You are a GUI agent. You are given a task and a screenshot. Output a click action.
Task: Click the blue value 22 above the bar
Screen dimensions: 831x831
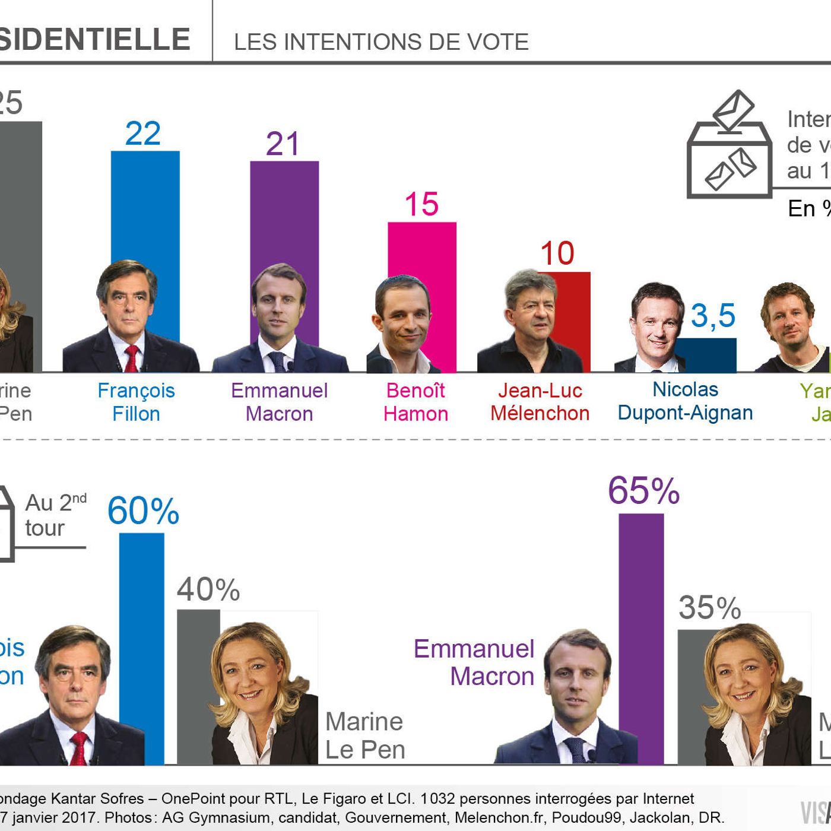coord(143,134)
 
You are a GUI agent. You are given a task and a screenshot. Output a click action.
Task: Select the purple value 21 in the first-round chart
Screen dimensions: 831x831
coord(283,144)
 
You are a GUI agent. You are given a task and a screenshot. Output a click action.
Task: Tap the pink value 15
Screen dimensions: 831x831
coord(421,205)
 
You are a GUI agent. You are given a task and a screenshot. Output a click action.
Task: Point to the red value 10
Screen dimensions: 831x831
coord(557,254)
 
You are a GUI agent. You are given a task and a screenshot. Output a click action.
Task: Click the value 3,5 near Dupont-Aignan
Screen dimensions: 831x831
coord(713,316)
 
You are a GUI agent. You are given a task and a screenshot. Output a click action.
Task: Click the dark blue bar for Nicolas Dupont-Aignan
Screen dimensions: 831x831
coord(709,355)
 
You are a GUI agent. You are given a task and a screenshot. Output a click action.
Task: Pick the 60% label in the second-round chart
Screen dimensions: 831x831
coord(143,511)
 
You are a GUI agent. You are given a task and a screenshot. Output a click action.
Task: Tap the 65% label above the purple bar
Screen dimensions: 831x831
coord(643,491)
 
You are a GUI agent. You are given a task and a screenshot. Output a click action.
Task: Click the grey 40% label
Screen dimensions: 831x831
coord(208,590)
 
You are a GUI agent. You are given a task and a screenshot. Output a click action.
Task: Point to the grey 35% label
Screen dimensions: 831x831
coord(710,608)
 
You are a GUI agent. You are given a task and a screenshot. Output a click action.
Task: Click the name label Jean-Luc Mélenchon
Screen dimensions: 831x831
coord(540,402)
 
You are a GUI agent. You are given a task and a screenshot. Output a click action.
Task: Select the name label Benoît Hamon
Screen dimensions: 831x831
coord(415,402)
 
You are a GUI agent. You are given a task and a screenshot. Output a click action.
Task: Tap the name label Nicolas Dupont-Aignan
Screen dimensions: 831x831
coord(685,401)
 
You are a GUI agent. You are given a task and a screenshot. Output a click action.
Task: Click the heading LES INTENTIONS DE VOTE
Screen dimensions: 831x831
coord(381,42)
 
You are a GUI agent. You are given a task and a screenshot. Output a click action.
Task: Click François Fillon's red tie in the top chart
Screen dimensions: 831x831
coord(131,358)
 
